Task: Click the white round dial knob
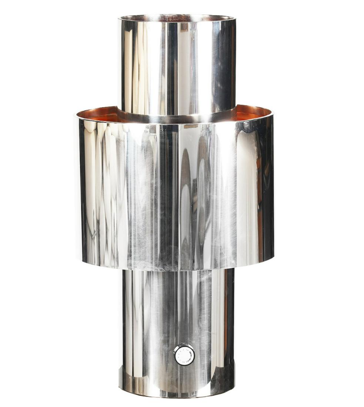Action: [184, 354]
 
